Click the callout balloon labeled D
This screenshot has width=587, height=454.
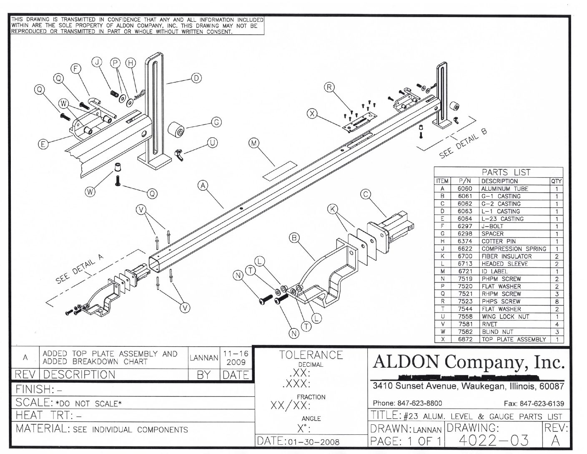[196, 78]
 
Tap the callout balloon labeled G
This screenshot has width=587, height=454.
[216, 122]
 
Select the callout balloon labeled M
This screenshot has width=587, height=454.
[254, 144]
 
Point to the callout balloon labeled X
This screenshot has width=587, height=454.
[312, 113]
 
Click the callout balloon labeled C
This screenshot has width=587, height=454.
[365, 194]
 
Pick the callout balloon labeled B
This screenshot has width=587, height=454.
[294, 238]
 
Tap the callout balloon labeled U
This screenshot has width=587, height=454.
[212, 143]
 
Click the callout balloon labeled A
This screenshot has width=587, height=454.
[203, 185]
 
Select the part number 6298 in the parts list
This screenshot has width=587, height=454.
[464, 234]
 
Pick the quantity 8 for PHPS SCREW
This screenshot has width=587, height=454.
[556, 302]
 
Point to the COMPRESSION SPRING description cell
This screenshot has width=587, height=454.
[513, 249]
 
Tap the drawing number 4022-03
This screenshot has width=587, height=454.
[493, 440]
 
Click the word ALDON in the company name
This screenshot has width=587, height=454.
[404, 362]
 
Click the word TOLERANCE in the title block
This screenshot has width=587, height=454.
[311, 355]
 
